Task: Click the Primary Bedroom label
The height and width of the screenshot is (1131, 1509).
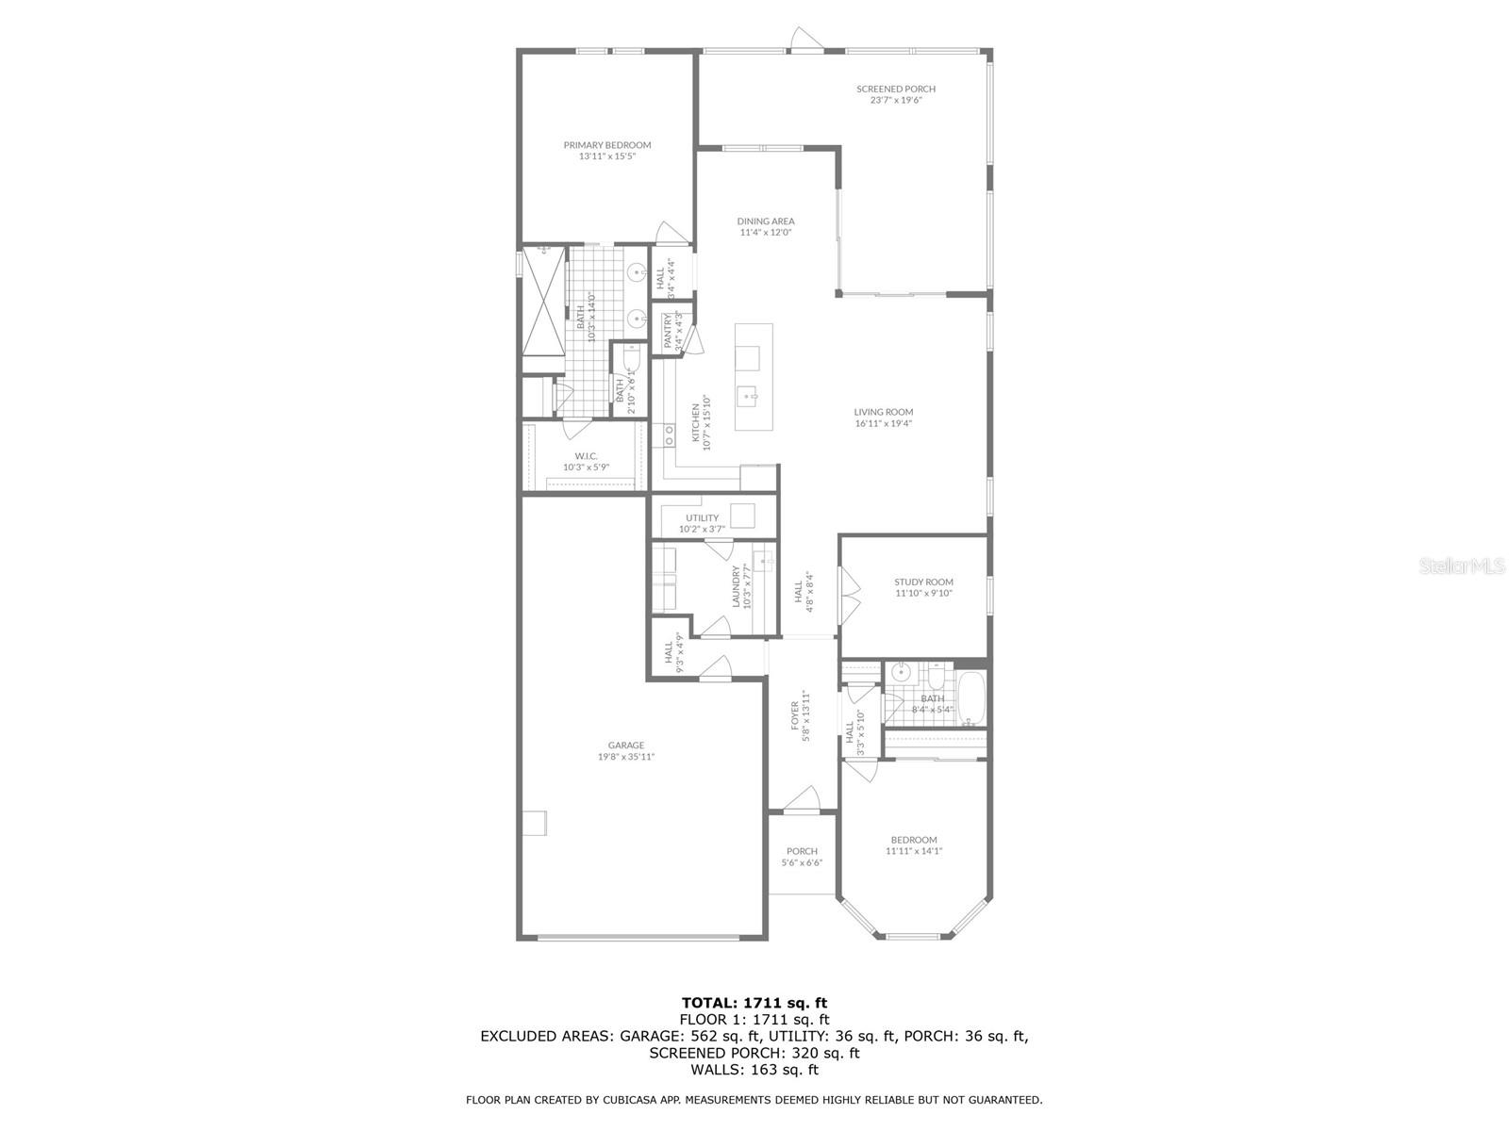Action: (607, 145)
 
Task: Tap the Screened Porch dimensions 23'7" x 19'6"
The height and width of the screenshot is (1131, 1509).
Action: (896, 100)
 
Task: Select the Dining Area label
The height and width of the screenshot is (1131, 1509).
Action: (766, 221)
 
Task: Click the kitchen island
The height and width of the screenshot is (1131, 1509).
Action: (754, 377)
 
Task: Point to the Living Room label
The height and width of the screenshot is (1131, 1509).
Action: (884, 412)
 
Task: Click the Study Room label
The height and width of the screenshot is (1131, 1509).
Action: (923, 582)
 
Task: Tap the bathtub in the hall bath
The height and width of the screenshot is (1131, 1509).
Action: (970, 697)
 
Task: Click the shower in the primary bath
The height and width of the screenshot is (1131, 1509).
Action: (542, 300)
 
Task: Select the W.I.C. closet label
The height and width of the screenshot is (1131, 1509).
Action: (587, 456)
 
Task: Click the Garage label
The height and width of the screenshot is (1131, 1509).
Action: (626, 745)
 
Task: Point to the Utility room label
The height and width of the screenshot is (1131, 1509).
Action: (702, 517)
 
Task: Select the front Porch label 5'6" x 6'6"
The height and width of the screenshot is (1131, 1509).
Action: (802, 851)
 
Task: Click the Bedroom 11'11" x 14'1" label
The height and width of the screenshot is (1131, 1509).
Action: (914, 840)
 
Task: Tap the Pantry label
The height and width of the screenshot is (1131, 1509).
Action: (669, 331)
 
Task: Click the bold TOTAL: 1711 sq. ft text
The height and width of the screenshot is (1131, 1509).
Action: (754, 1003)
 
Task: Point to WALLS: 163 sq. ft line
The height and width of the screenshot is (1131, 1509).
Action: (754, 1070)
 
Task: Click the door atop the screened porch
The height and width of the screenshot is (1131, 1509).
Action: (804, 40)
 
